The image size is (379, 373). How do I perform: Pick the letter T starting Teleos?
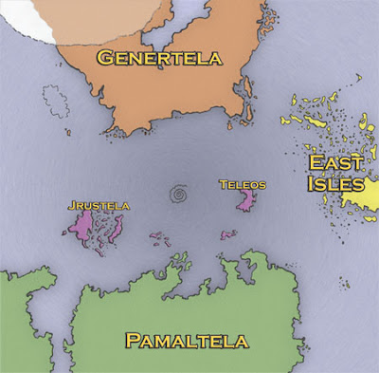[x=222, y=183]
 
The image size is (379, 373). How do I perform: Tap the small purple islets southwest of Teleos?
[x=226, y=234]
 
